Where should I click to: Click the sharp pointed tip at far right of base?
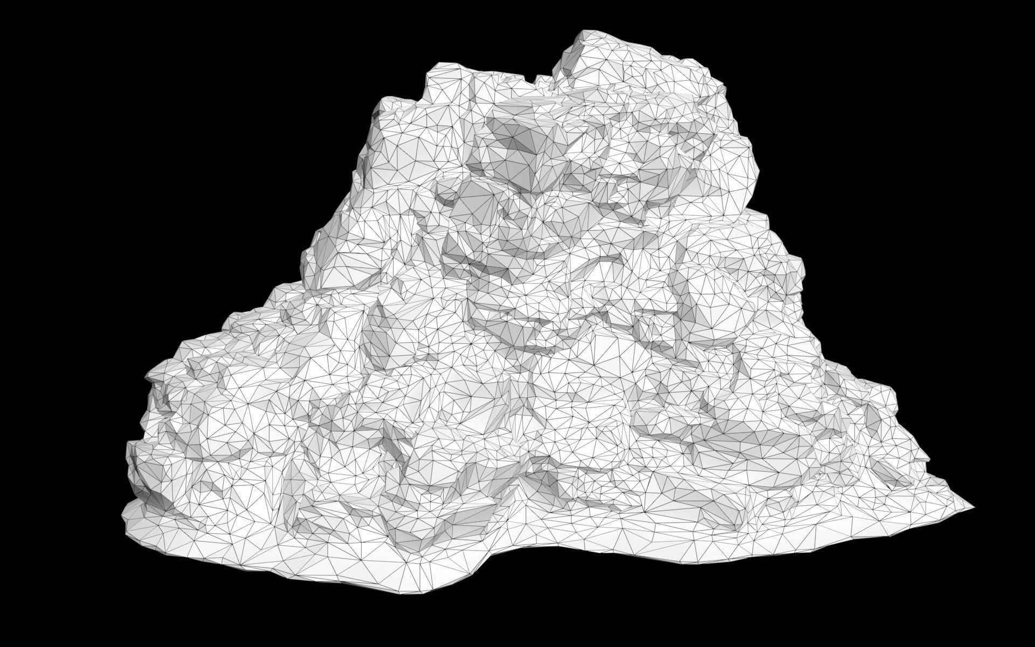(x=974, y=507)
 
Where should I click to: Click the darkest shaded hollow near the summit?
(x=526, y=143)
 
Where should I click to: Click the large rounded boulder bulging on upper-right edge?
(x=739, y=162)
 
